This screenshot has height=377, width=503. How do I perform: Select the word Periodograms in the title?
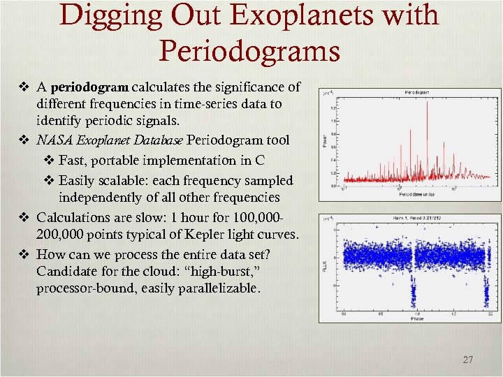point(249,50)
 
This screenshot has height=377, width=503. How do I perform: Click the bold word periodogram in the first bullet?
point(89,87)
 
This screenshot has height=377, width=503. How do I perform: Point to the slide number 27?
point(467,360)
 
